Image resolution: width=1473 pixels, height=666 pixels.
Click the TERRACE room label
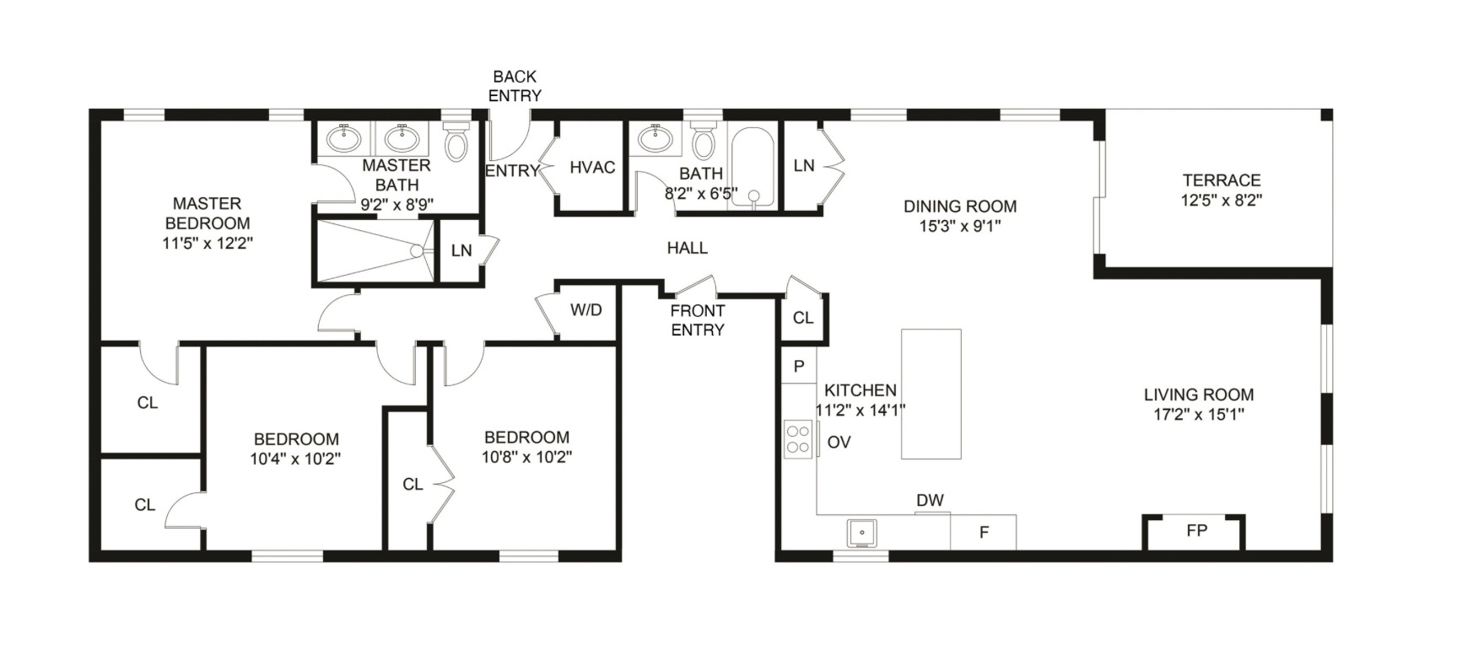[x=1221, y=180]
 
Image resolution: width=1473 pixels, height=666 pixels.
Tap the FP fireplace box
[x=1195, y=532]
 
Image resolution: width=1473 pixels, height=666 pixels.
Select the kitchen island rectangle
[x=931, y=394]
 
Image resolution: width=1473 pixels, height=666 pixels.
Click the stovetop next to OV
[x=798, y=439]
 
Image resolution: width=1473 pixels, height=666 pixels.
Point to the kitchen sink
[x=861, y=533]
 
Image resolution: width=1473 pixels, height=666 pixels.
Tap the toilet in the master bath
[x=456, y=141]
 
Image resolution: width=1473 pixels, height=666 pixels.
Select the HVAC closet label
[x=592, y=167]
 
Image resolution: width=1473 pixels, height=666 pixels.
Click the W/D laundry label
[x=586, y=310]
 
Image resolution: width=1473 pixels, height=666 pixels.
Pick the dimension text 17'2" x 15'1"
[x=1198, y=415]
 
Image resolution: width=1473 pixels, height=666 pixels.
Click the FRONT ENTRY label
[x=698, y=320]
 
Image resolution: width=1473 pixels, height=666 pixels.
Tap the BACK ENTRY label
[x=515, y=86]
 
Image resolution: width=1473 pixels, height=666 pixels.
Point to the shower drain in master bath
[x=416, y=251]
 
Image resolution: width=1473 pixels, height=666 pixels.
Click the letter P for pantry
[x=799, y=366]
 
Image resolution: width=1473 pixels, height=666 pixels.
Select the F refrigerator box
[x=984, y=533]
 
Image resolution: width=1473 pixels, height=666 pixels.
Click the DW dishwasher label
[x=930, y=501]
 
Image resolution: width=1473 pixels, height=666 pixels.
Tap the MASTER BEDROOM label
[x=208, y=213]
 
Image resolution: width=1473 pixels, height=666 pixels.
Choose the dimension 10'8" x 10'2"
[x=526, y=458]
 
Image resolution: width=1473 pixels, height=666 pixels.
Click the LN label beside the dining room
[x=804, y=166]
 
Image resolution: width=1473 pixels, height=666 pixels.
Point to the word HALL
[x=687, y=248]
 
